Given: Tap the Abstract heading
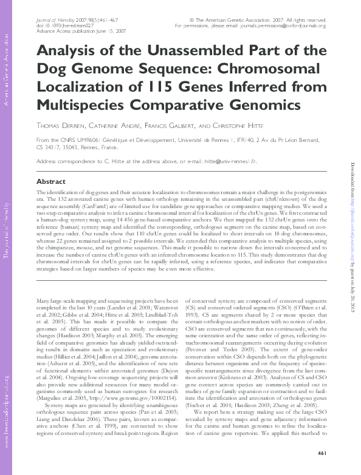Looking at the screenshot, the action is pyautogui.click(x=51, y=181).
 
